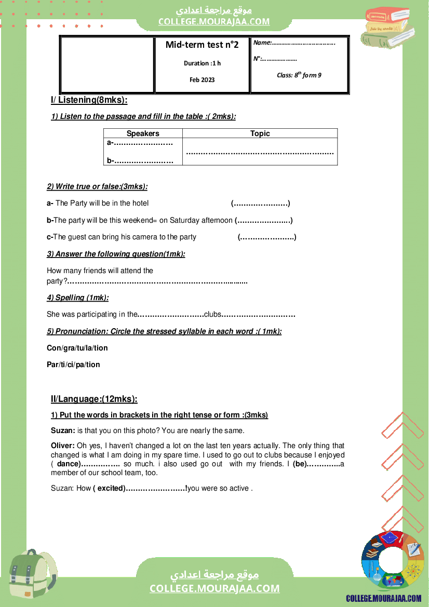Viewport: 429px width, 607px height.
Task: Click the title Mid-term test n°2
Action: pos(202,45)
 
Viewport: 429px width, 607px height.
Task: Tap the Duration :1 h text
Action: pos(202,63)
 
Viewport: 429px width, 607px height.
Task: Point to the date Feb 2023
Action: pos(202,80)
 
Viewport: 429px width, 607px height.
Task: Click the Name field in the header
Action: pos(294,43)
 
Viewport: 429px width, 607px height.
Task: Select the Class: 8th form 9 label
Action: pos(299,75)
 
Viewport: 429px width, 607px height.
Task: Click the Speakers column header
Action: pos(143,133)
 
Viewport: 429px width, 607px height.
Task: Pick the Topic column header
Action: pos(260,133)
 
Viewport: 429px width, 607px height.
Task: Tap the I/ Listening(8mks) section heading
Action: pos(89,100)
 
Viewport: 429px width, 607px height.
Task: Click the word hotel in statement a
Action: pos(140,203)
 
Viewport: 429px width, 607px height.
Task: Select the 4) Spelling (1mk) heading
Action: pos(78,298)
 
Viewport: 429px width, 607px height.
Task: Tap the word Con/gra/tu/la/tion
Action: pos(77,348)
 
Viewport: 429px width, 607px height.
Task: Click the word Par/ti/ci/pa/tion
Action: pos(73,365)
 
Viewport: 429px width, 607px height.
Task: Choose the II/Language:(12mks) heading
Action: pos(94,399)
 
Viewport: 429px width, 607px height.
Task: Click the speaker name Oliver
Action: pos(62,446)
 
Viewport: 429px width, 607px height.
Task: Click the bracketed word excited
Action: pos(109,488)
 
